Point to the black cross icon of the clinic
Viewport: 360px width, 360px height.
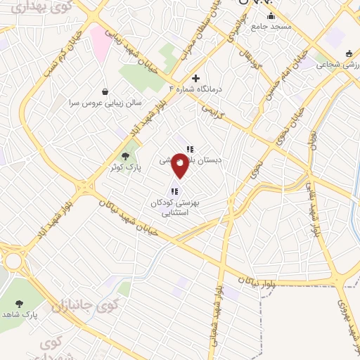click(x=195, y=77)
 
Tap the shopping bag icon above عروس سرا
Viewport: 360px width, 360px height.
click(x=105, y=91)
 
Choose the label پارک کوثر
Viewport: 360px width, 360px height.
click(x=125, y=168)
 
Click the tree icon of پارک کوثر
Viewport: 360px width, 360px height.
click(x=126, y=157)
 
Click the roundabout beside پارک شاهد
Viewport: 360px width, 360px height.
click(x=13, y=261)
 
